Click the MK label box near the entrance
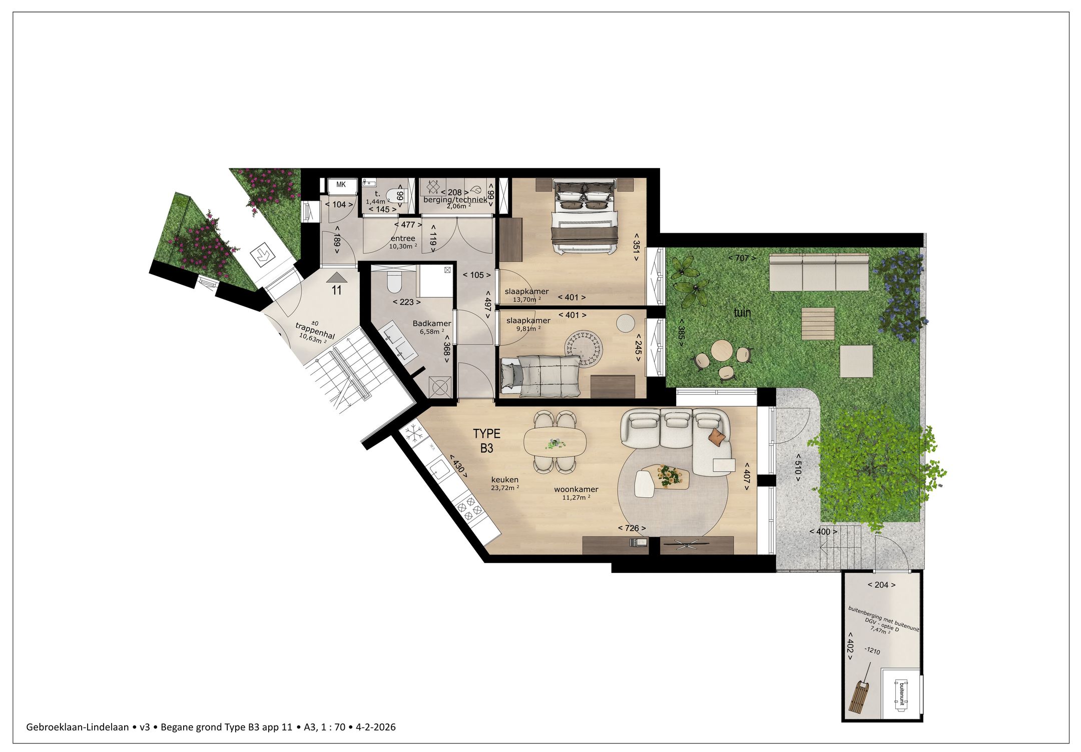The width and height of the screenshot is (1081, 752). point(341,185)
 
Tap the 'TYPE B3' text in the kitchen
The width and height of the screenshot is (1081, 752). point(486,441)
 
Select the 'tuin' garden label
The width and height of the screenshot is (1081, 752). point(742,313)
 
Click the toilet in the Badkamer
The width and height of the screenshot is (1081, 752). point(394,282)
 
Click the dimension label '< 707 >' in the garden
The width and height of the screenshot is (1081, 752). point(742,258)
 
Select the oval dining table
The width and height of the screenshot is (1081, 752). point(555,443)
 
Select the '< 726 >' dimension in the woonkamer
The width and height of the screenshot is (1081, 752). point(632,528)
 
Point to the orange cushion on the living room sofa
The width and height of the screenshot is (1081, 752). point(717,437)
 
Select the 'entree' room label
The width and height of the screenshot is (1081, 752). point(403,239)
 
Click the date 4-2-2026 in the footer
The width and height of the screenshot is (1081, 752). point(375,727)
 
